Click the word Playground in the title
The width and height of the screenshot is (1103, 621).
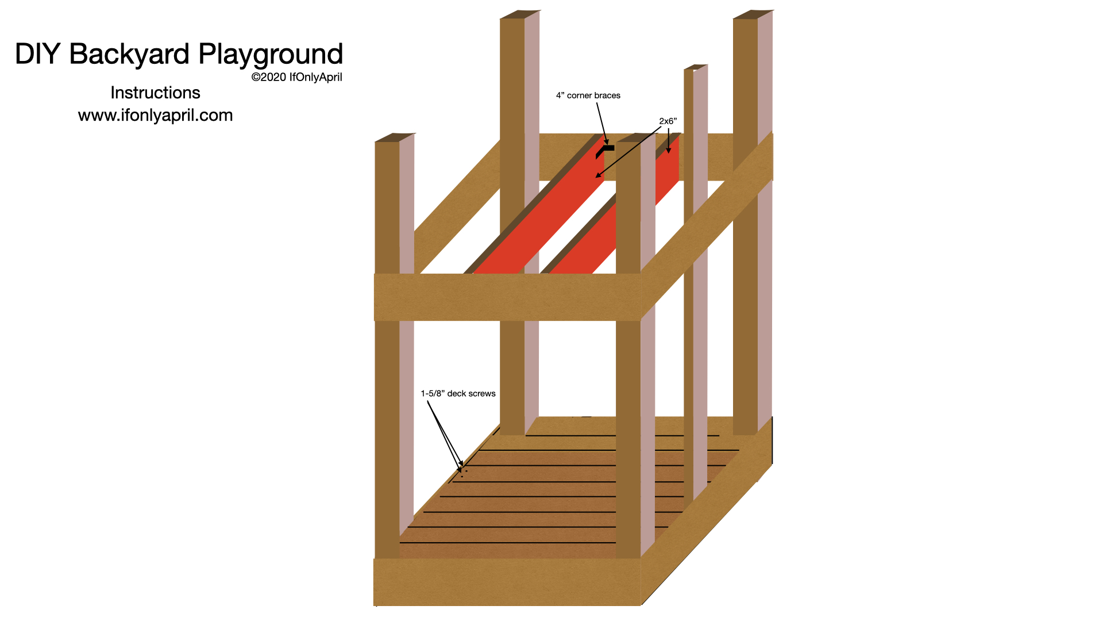271,55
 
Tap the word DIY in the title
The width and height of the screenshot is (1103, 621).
37,55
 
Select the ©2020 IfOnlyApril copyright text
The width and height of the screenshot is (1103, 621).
296,77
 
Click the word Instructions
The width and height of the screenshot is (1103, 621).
155,93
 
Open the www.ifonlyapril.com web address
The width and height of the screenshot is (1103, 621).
155,115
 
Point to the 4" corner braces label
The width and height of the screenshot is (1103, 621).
588,95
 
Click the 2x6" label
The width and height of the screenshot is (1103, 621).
668,121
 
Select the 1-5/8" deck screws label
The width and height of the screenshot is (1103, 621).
458,393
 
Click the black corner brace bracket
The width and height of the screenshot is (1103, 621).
604,150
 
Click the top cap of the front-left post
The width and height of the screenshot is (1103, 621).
395,137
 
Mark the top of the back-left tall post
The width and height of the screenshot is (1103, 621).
520,14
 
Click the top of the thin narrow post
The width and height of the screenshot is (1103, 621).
695,67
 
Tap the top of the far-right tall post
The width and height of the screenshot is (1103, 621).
753,14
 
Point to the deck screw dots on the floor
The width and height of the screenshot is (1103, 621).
463,473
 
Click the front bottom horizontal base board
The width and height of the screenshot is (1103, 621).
507,581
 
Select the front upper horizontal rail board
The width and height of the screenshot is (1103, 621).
507,297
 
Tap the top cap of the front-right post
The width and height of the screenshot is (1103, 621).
636,137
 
